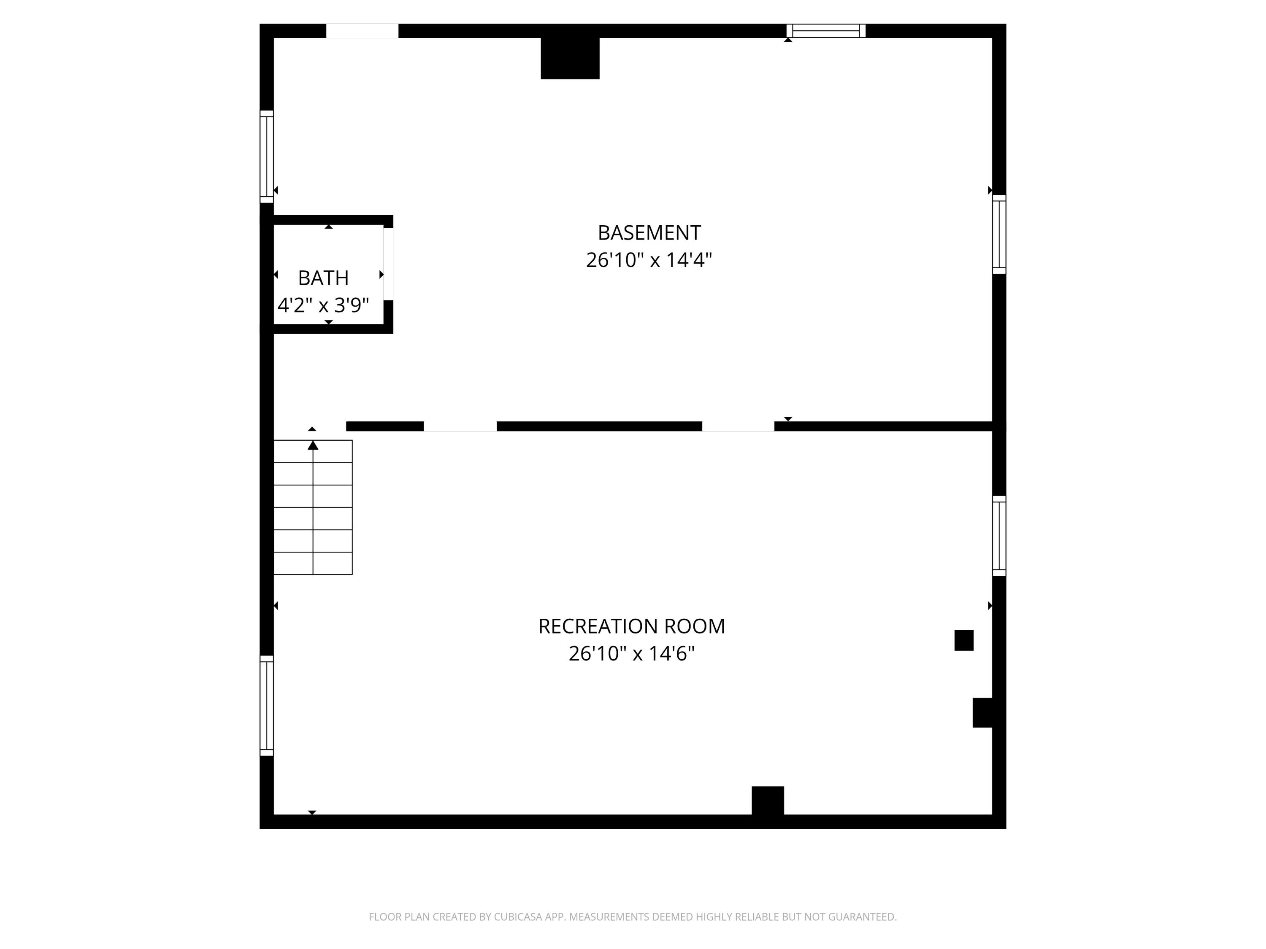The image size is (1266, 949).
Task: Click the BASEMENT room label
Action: [x=649, y=233]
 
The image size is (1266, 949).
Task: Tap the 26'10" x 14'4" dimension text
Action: [x=649, y=260]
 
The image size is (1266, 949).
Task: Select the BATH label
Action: [x=323, y=278]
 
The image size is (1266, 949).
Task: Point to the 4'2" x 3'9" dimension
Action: [x=323, y=305]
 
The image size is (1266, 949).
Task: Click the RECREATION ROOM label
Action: [x=631, y=626]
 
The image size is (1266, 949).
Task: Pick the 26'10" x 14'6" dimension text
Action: [x=631, y=653]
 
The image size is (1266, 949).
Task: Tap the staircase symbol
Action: [x=313, y=507]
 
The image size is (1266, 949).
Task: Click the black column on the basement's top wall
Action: [x=570, y=58]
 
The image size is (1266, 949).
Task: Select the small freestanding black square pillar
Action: [x=964, y=640]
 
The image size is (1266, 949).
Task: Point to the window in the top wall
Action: [x=826, y=31]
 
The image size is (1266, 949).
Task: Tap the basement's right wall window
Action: [x=999, y=235]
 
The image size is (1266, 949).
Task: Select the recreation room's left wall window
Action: [x=267, y=705]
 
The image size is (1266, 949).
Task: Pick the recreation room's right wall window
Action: [x=999, y=536]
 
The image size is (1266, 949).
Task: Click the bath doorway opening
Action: [x=388, y=264]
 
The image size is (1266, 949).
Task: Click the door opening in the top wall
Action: [x=362, y=31]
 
